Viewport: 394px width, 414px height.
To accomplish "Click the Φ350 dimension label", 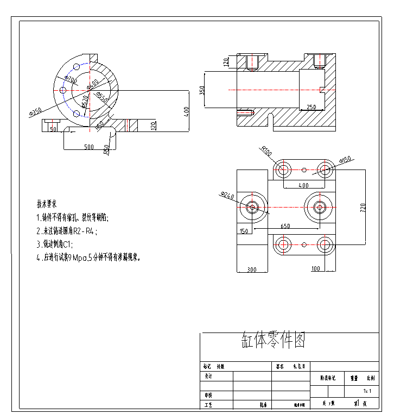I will (35, 111).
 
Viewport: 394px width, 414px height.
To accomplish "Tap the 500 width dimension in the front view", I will (88, 146).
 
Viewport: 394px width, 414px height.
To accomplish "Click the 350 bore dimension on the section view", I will (202, 90).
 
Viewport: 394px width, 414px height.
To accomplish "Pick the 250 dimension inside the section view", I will (312, 106).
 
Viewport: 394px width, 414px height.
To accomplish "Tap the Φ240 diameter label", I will (227, 196).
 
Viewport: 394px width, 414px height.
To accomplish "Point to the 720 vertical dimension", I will (363, 207).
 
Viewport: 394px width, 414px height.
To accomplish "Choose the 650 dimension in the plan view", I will (285, 225).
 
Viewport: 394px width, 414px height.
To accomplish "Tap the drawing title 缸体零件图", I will (274, 341).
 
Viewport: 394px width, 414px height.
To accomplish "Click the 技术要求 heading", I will (47, 204).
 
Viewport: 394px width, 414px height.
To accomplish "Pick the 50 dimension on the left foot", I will (53, 129).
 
